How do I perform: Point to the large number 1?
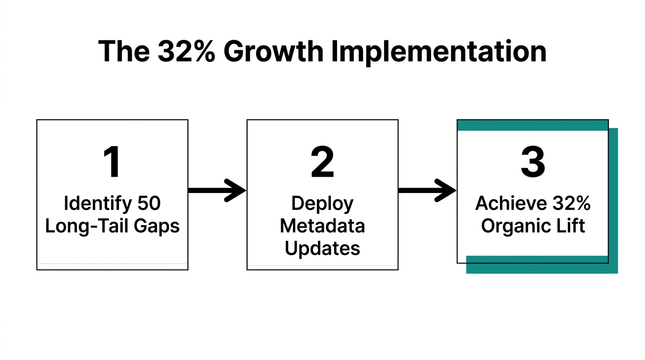pyautogui.click(x=112, y=163)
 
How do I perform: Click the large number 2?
pyautogui.click(x=322, y=163)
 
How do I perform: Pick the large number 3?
pyautogui.click(x=533, y=163)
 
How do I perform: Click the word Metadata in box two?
pyautogui.click(x=322, y=226)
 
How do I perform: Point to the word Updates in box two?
pyautogui.click(x=322, y=248)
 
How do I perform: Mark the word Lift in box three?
pyautogui.click(x=569, y=226)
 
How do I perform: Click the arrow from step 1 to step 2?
pyautogui.click(x=217, y=190)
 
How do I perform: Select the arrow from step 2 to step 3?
pyautogui.click(x=427, y=190)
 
